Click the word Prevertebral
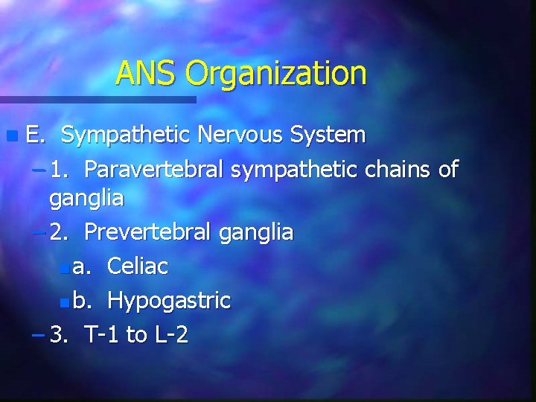click(x=149, y=233)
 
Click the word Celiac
click(x=138, y=267)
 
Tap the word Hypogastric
click(x=169, y=301)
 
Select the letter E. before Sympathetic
click(x=35, y=135)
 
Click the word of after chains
click(x=448, y=170)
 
